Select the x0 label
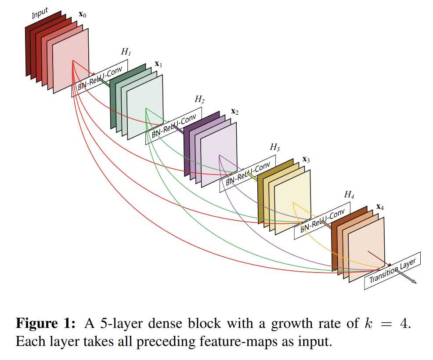83,15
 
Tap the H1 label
126,52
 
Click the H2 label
200,99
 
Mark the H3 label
274,147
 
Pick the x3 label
306,160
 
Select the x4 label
380,207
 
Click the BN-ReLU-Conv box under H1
100,78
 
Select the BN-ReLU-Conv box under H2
174,126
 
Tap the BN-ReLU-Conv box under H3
248,174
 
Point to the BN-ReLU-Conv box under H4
322,221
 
